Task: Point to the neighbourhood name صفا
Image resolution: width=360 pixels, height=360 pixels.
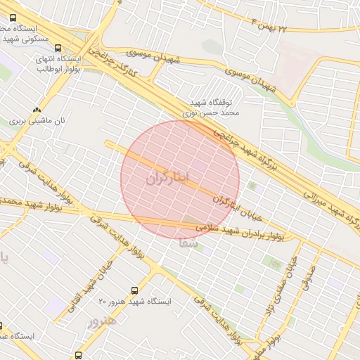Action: coord(186,244)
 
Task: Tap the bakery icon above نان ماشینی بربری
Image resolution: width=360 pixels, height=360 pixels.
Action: coord(36,110)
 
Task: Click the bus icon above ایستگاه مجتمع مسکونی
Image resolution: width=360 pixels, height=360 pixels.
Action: coord(13,17)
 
